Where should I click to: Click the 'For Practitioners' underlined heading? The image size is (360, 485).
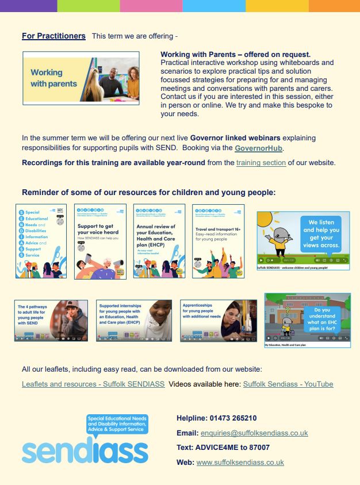53,36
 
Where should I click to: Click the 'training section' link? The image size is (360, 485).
261,163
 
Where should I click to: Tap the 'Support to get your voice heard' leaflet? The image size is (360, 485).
100,242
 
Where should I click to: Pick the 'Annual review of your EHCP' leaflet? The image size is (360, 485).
159,242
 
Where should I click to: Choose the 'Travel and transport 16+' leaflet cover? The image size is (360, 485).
219,242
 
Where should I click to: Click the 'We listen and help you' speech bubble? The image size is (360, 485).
321,233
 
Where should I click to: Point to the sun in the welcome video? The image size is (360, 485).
266,219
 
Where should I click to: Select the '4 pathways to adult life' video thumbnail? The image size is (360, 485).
51,320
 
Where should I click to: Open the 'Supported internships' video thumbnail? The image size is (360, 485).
134,320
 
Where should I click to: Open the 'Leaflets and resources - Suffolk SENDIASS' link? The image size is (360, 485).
93,384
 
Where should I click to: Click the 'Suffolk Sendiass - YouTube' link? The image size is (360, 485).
288,384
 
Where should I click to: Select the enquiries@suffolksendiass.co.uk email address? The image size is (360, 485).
254,433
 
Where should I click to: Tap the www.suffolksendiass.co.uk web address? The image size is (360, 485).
240,463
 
